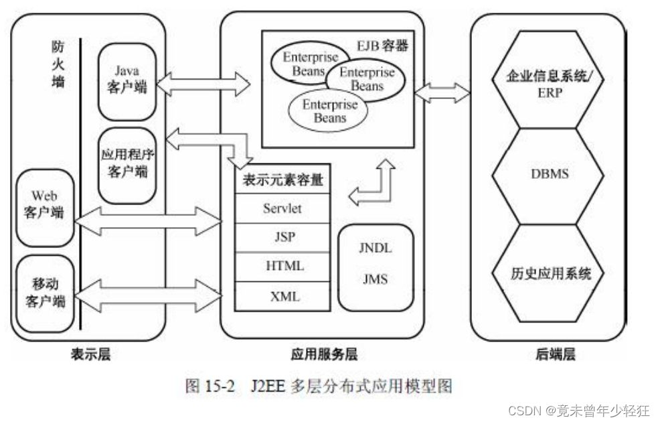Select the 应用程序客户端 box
coord(127,164)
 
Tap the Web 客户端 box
coord(45,207)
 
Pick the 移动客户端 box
coord(45,293)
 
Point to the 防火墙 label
coord(58,66)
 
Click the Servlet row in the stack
coord(282,208)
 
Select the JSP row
coord(282,237)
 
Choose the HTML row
coord(282,267)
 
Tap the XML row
coord(282,296)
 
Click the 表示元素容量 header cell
coord(282,180)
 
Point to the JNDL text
coord(374,249)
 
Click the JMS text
coord(374,279)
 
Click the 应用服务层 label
coord(323,354)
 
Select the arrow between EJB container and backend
coord(442,92)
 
